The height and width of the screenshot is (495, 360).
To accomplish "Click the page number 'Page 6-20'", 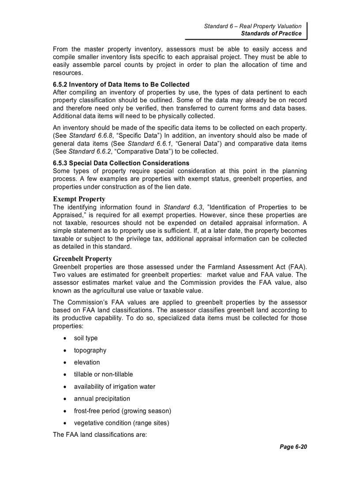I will [x=293, y=447].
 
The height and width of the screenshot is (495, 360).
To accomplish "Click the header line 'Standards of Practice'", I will [x=271, y=33].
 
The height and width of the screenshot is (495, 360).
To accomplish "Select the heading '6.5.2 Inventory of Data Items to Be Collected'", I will [x=121, y=85].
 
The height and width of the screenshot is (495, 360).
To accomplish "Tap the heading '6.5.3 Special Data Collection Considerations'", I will [x=121, y=163].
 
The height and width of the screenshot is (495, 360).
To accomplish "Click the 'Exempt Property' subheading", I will [x=79, y=199].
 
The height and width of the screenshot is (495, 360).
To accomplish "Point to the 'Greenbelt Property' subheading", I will [x=82, y=259].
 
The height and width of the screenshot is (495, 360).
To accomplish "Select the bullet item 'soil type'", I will [x=86, y=338].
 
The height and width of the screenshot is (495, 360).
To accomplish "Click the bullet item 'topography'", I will [x=90, y=350].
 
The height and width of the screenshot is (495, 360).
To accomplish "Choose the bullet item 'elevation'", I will [x=87, y=362].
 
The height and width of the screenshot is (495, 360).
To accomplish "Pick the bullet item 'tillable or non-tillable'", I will [x=103, y=374].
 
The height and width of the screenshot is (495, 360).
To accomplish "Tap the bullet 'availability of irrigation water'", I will [x=115, y=387].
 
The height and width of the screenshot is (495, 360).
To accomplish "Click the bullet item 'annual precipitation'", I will [x=102, y=398].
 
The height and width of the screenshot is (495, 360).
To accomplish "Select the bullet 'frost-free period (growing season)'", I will [x=122, y=411].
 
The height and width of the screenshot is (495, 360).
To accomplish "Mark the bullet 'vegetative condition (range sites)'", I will [x=121, y=423].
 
